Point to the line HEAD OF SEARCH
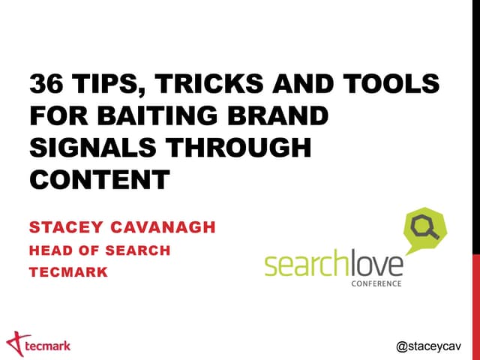(x=100, y=250)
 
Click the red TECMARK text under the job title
(x=68, y=272)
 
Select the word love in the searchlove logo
(x=375, y=264)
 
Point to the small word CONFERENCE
(x=376, y=283)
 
